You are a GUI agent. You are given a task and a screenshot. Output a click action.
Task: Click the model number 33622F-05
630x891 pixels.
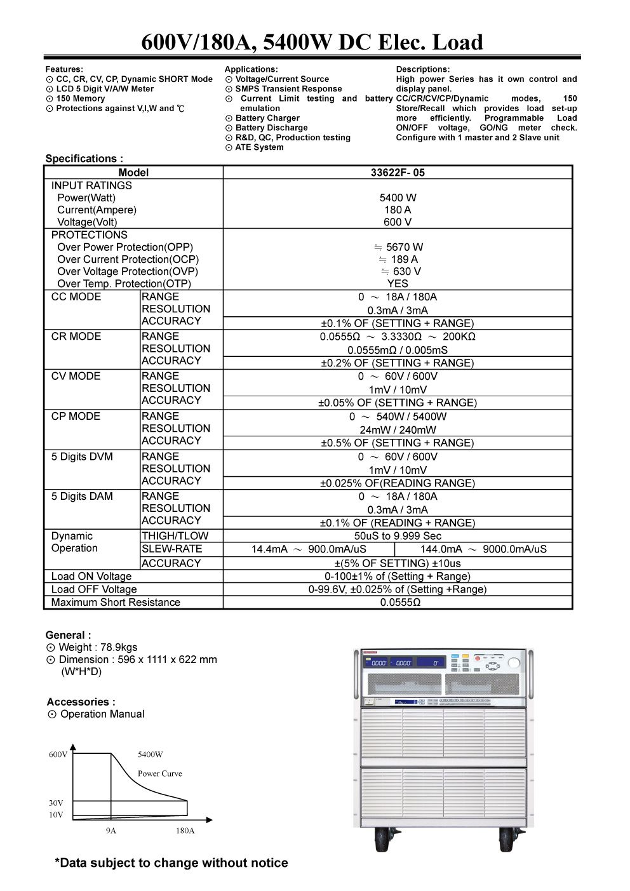398,172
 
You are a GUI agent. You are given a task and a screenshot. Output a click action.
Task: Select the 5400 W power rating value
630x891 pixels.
398,198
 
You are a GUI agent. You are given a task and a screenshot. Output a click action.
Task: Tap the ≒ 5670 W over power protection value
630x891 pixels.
398,247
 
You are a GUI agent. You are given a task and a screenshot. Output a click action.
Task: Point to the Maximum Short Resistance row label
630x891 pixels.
116,602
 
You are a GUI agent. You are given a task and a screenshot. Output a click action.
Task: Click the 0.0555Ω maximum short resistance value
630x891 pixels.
400,602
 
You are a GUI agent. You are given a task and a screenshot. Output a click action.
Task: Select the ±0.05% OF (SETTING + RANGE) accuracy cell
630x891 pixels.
398,403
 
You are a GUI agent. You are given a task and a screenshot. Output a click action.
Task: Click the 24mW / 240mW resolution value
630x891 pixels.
398,430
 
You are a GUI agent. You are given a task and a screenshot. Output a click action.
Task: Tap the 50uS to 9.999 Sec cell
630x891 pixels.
398,536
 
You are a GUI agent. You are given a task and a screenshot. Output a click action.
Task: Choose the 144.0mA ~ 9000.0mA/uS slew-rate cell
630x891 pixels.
483,549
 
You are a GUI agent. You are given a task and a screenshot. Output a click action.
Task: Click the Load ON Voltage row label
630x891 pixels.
91,577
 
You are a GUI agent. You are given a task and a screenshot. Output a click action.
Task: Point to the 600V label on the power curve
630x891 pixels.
58,754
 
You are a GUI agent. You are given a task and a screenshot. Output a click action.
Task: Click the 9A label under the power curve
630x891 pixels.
111,831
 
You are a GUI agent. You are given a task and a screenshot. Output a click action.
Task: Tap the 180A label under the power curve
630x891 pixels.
185,831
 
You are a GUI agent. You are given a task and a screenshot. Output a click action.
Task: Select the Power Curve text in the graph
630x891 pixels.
160,774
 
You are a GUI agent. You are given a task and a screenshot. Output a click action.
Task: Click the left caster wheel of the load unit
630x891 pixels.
382,841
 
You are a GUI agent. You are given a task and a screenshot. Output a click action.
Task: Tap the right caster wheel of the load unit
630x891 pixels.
507,841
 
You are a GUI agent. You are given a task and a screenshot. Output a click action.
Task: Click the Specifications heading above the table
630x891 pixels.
84,159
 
